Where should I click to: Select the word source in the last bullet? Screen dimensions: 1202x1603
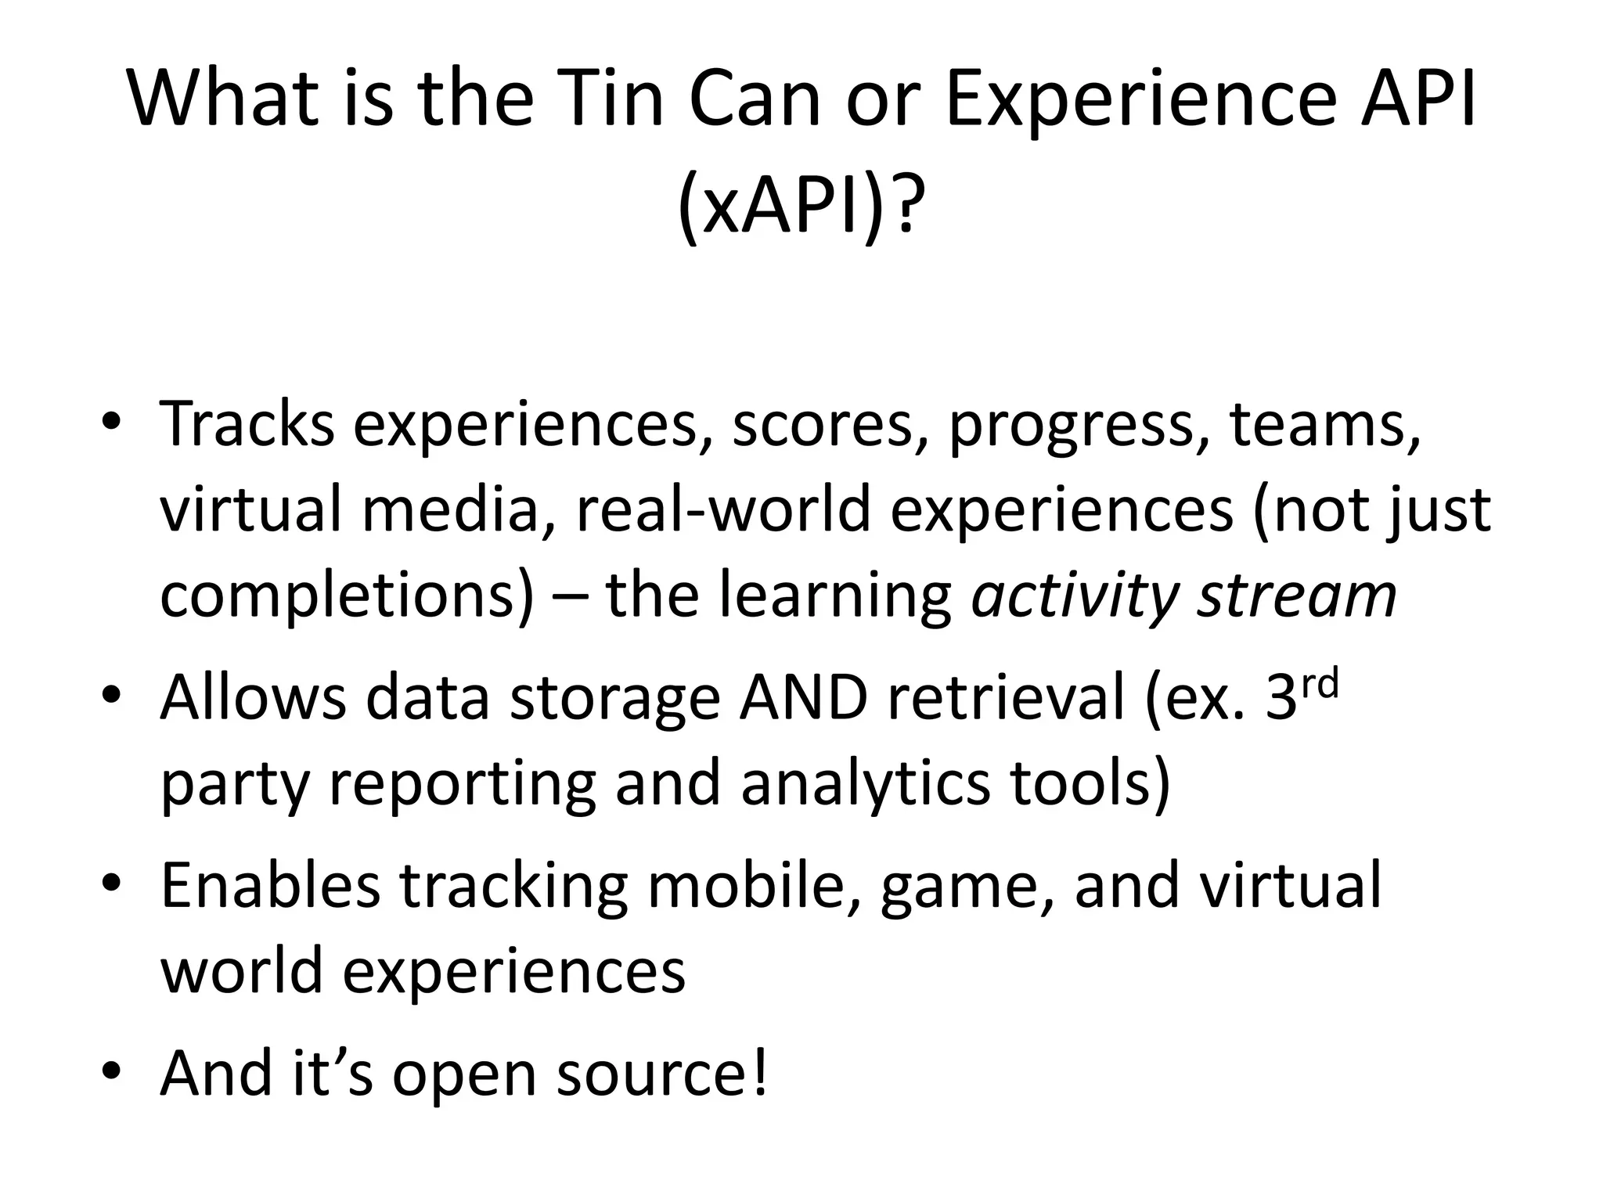(650, 1074)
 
